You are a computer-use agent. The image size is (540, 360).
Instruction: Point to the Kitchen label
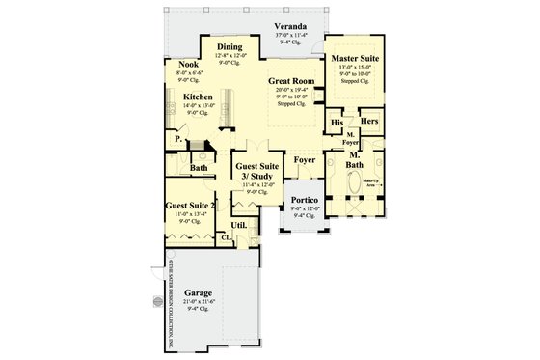click(198, 97)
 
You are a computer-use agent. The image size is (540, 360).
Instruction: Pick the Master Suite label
click(354, 59)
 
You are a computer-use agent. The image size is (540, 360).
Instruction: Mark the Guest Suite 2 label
click(188, 205)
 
